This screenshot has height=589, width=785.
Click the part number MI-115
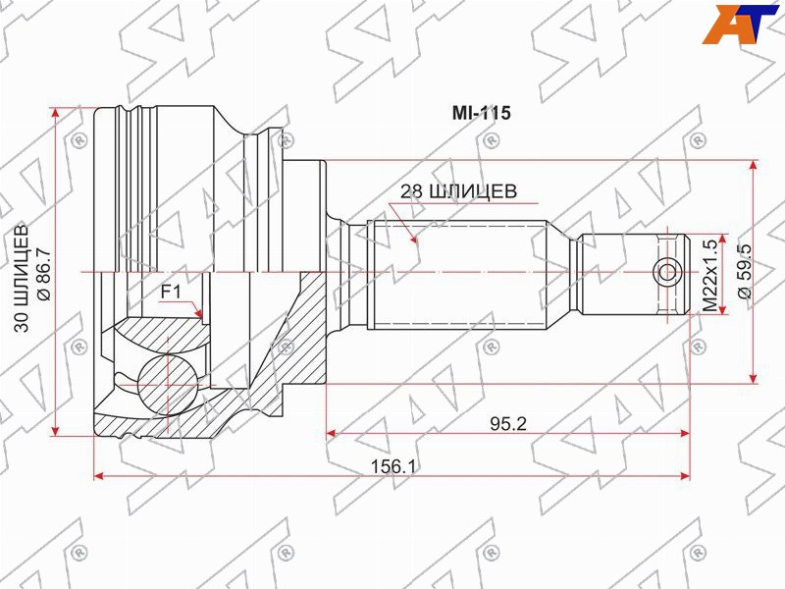click(481, 113)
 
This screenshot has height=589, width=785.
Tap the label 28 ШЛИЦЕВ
click(458, 190)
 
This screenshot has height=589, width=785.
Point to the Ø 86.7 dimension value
click(44, 274)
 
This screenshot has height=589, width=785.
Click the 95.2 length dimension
click(508, 424)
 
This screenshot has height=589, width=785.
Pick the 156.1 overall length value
click(393, 467)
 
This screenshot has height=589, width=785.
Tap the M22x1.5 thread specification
click(709, 275)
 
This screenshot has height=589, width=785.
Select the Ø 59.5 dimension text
click(745, 271)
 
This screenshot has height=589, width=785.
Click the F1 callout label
click(171, 292)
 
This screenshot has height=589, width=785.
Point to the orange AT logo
click(740, 24)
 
